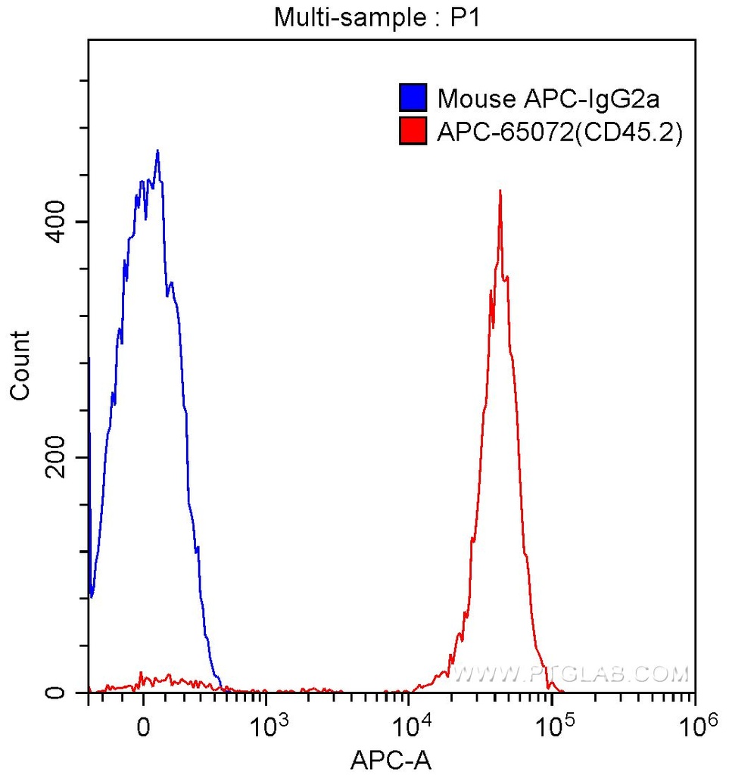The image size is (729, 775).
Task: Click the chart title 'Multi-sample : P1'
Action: click(x=377, y=17)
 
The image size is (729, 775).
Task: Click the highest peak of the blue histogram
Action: click(x=157, y=151)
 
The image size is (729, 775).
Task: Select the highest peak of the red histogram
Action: click(x=500, y=191)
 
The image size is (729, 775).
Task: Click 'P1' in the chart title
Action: click(x=466, y=17)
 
